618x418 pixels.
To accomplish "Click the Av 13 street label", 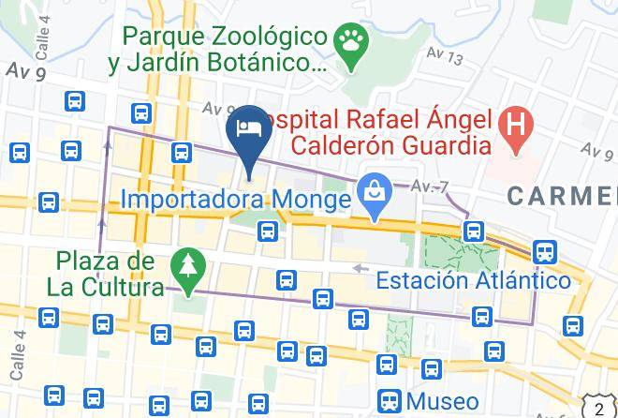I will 444,58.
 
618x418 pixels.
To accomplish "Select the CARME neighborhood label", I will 562,196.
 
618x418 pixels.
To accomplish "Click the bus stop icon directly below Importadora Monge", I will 269,231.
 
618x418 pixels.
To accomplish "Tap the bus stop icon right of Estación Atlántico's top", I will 543,251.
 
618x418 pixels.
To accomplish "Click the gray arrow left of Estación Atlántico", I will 360,269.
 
